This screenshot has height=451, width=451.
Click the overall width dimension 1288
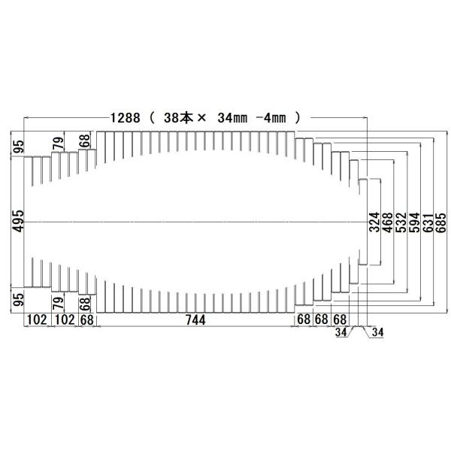coord(125,118)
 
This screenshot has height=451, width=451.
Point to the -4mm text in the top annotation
coord(273,118)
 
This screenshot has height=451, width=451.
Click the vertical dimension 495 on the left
coord(18,221)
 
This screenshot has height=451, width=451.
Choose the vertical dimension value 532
coord(401,223)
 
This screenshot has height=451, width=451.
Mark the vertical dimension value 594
coord(414,223)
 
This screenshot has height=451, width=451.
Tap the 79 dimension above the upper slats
coord(57,142)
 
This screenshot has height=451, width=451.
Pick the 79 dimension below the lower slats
coord(57,304)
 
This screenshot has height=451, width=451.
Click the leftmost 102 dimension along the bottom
coord(37,319)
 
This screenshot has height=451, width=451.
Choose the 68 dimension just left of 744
coord(88,319)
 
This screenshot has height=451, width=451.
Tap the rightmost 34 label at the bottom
coord(377,331)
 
